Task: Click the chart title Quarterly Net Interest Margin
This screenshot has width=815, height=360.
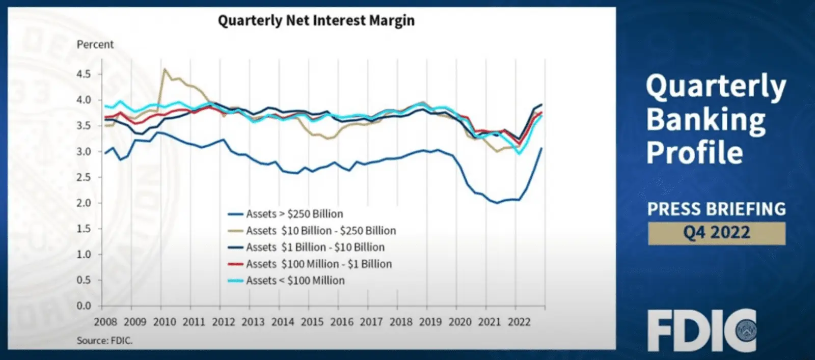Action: (x=316, y=21)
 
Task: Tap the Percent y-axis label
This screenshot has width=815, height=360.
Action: (x=95, y=45)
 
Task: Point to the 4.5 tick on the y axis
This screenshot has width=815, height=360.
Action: (x=84, y=74)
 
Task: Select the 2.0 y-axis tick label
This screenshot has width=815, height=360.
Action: (x=84, y=203)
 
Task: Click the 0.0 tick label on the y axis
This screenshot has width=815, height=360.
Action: (x=84, y=306)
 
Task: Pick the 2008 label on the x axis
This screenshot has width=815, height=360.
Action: (x=105, y=322)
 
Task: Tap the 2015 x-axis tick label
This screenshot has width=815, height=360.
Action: (x=312, y=322)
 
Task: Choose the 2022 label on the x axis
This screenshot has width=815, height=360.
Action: (x=519, y=322)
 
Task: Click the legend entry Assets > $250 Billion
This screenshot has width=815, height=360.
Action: (x=294, y=214)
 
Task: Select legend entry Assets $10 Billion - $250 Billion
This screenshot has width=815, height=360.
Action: (x=321, y=231)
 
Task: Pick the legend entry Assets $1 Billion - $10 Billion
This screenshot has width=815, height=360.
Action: (x=315, y=247)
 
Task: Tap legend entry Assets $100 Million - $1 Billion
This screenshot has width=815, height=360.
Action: (x=319, y=264)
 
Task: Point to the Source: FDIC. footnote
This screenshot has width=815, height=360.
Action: (x=104, y=341)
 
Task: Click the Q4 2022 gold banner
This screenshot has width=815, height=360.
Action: (x=716, y=233)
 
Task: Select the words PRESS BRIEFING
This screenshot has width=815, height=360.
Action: (x=716, y=209)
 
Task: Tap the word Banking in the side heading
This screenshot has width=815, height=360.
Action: (x=705, y=120)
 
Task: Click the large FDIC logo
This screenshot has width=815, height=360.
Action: (x=701, y=330)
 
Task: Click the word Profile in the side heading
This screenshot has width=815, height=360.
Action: (x=694, y=153)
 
